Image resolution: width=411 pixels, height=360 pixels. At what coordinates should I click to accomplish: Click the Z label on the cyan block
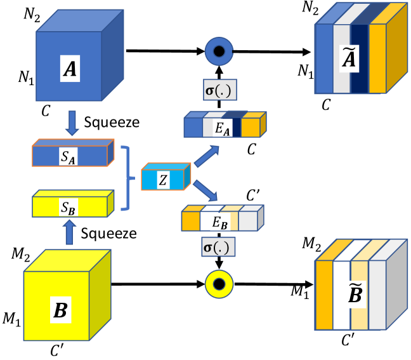[163, 180]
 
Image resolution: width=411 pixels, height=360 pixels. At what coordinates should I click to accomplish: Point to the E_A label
[221, 127]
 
